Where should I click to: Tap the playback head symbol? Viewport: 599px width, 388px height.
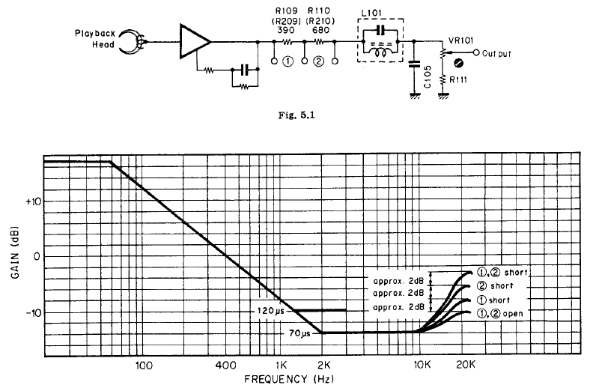(x=133, y=41)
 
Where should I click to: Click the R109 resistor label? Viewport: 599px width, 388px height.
(x=287, y=10)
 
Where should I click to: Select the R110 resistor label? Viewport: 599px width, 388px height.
(x=319, y=10)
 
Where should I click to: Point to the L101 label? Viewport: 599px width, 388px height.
(x=371, y=13)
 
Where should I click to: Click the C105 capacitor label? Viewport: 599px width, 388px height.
(x=428, y=76)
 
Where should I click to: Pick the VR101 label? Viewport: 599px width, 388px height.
(x=460, y=40)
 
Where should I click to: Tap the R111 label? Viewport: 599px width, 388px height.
(x=458, y=80)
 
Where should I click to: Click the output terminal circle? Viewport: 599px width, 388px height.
(x=476, y=52)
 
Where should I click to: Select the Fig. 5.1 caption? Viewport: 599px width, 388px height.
(x=297, y=115)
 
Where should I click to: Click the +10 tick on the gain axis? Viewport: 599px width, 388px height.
(x=33, y=201)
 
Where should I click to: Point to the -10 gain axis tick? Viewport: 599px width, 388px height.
(x=33, y=312)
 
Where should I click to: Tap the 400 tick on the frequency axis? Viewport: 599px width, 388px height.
(x=226, y=366)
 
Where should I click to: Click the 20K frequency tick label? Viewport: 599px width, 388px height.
(x=466, y=365)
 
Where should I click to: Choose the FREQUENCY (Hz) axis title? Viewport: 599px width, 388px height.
(x=289, y=379)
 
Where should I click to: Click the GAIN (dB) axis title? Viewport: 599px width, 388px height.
(x=15, y=253)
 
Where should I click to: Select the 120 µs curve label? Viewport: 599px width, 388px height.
(x=271, y=311)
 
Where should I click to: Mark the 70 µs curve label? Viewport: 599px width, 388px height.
(x=300, y=333)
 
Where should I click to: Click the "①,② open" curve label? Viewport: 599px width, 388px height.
(x=499, y=314)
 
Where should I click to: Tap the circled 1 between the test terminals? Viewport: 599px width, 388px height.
(x=289, y=61)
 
